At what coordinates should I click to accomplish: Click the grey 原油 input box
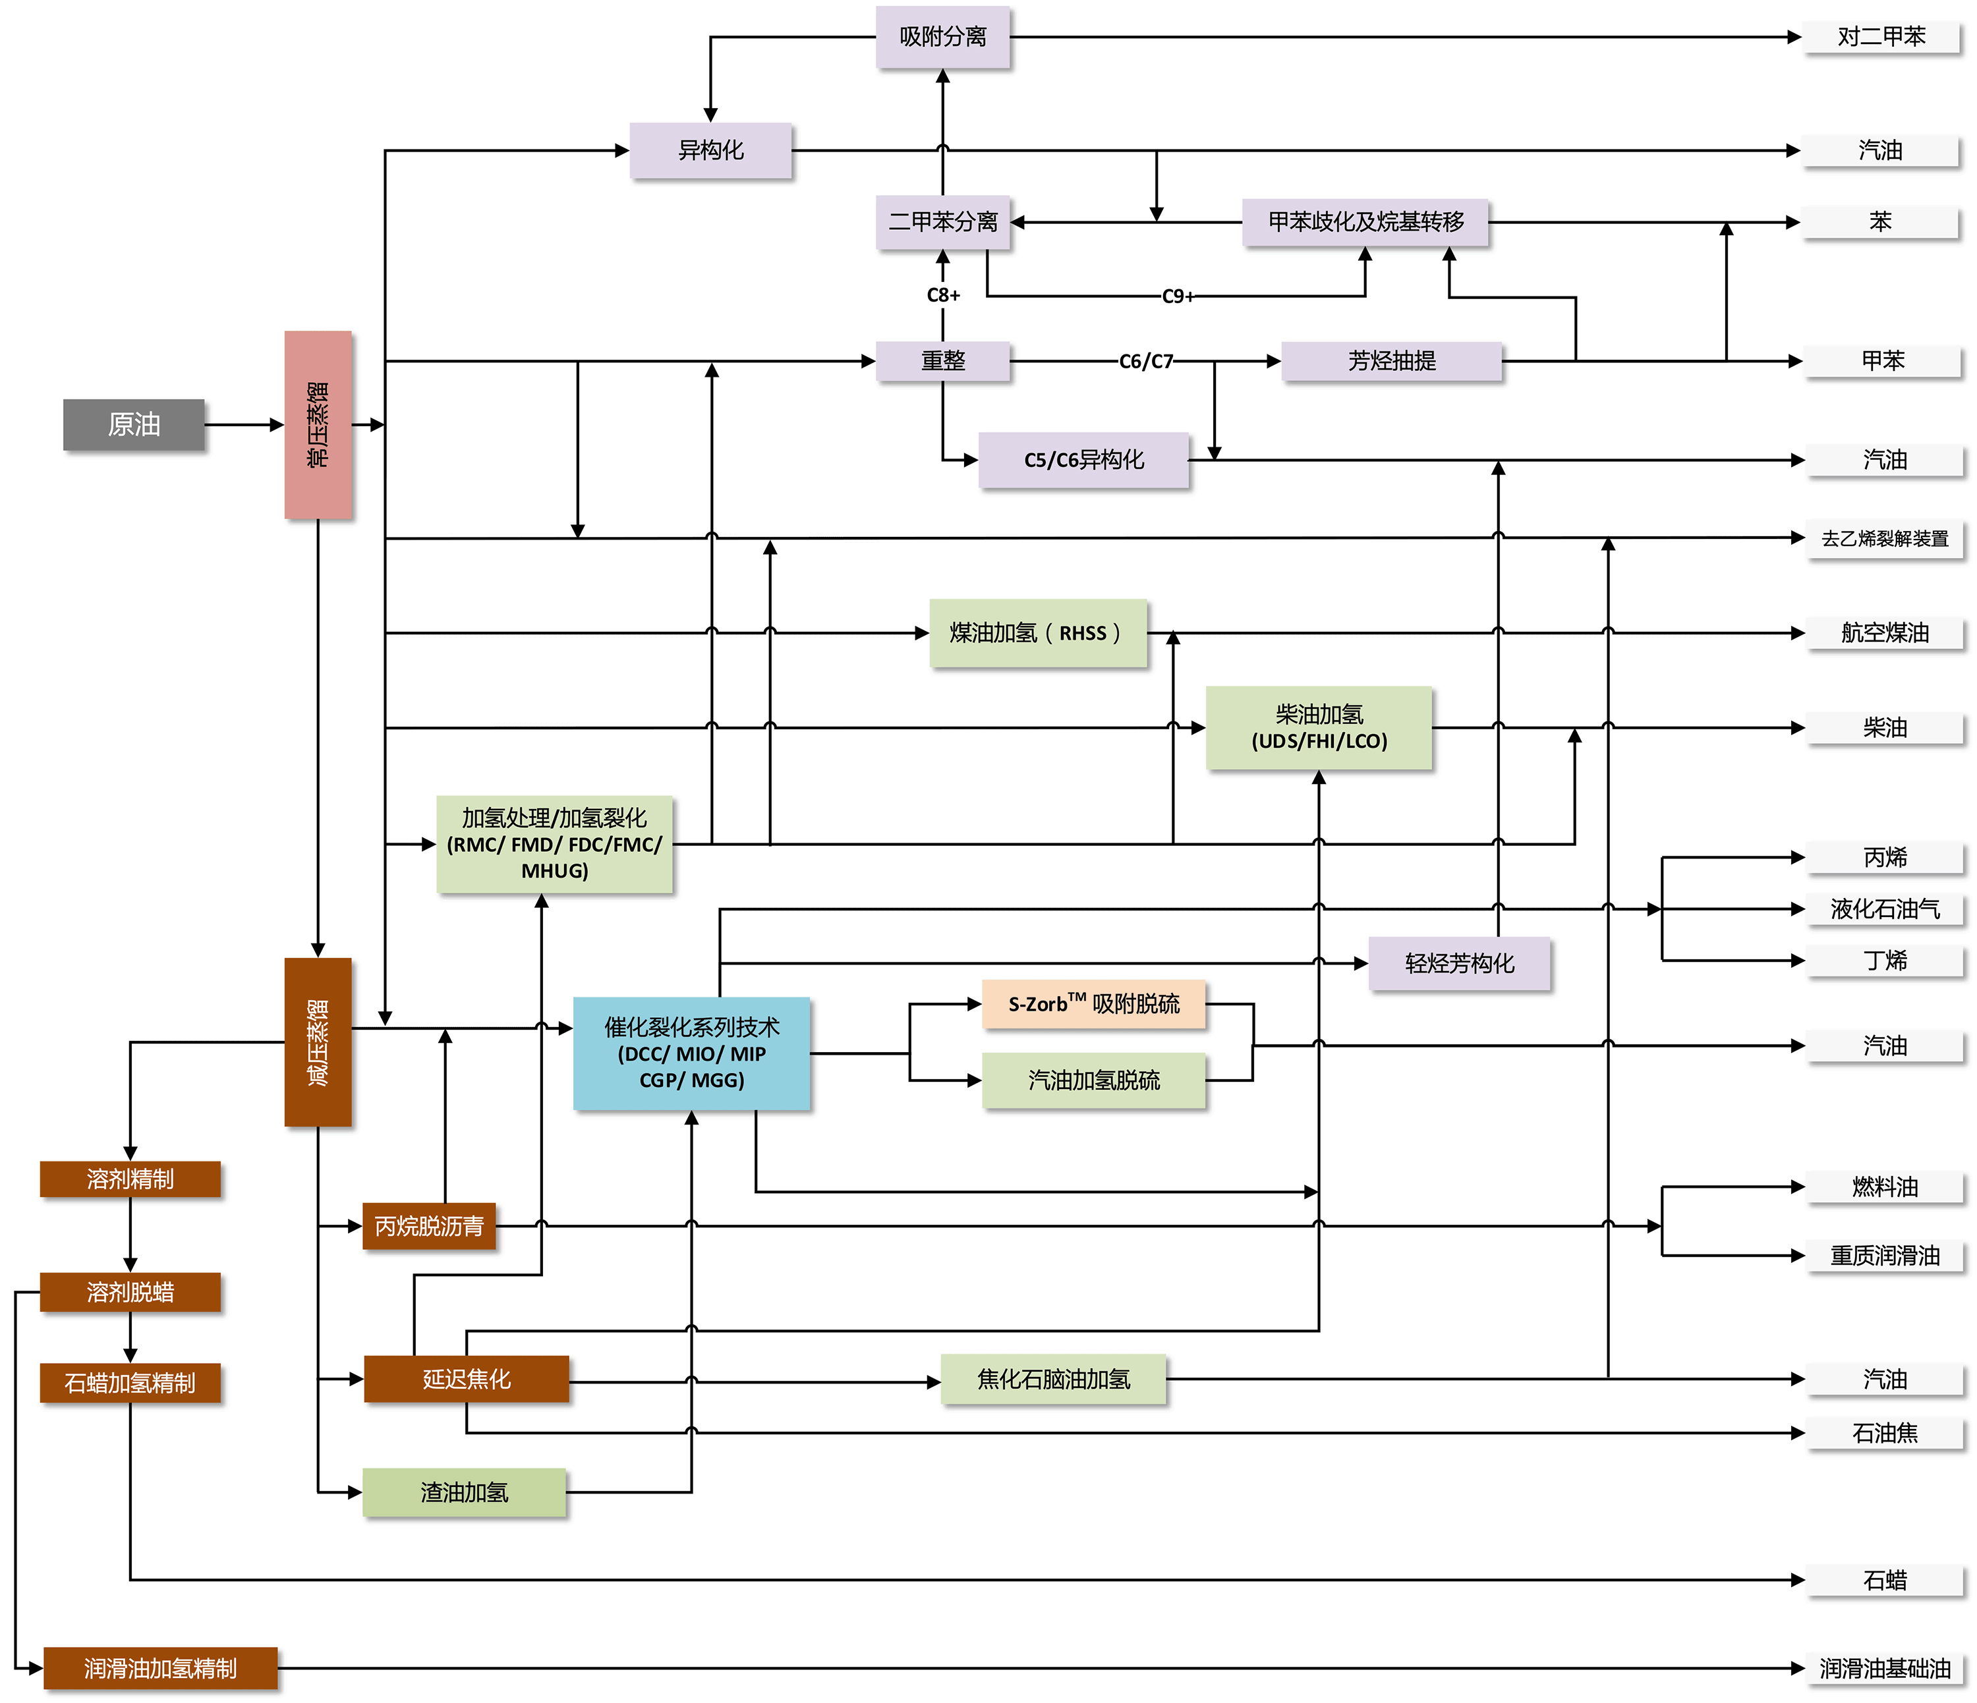click(x=134, y=424)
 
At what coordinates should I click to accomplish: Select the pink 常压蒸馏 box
click(x=318, y=424)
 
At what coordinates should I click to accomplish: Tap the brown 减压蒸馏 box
click(x=318, y=1042)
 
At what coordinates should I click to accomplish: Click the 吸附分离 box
click(x=943, y=37)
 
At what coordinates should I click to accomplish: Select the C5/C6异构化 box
click(x=1084, y=460)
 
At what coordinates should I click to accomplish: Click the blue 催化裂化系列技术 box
click(x=692, y=1053)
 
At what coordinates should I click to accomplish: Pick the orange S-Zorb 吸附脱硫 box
click(x=1093, y=1003)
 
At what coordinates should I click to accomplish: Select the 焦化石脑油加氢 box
click(x=1053, y=1380)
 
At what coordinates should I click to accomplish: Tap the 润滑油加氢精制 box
click(x=160, y=1667)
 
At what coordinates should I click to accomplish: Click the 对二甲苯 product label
click(x=1881, y=37)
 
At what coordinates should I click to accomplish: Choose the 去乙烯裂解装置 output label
click(x=1885, y=539)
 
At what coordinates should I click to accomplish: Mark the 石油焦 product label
click(x=1885, y=1433)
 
